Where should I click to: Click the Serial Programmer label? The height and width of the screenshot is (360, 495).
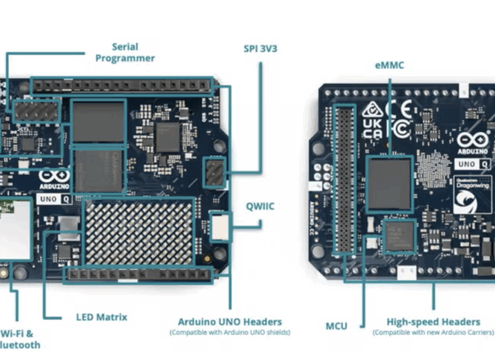tap(125, 52)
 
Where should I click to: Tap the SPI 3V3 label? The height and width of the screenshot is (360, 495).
tap(260, 49)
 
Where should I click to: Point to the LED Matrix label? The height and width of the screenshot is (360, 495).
tap(101, 316)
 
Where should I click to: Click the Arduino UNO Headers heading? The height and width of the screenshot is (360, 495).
tap(229, 322)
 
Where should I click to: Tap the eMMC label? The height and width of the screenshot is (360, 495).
tap(391, 63)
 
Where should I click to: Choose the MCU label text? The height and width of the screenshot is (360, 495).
tap(337, 326)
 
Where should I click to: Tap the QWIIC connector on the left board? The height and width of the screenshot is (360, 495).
tap(220, 225)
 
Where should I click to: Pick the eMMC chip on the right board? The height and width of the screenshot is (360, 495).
tap(390, 183)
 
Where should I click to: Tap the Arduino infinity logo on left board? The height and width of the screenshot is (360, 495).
tap(51, 181)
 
